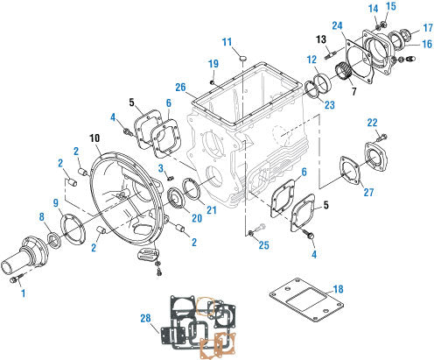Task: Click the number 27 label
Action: [x=369, y=192]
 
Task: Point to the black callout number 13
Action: [x=320, y=39]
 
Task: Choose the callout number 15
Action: [x=391, y=7]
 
